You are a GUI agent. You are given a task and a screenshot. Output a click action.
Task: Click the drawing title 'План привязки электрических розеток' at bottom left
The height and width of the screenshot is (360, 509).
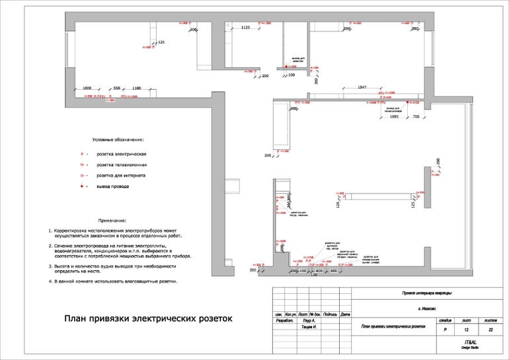pyautogui.click(x=148, y=318)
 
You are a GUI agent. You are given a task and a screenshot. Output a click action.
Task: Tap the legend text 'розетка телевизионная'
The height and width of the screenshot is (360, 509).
pyautogui.click(x=122, y=164)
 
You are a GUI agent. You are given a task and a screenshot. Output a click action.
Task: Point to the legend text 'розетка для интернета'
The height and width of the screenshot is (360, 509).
pyautogui.click(x=121, y=176)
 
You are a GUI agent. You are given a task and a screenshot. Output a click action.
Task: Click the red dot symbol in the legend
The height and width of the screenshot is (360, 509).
pyautogui.click(x=82, y=187)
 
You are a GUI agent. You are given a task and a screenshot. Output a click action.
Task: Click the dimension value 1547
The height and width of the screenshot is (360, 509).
pyautogui.click(x=362, y=88)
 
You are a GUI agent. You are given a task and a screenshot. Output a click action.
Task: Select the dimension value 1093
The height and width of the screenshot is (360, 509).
pyautogui.click(x=393, y=116)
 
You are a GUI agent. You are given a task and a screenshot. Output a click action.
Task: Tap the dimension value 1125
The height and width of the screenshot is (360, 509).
pyautogui.click(x=245, y=28)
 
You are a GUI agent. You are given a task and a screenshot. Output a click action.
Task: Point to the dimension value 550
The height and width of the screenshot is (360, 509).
pyautogui.click(x=116, y=88)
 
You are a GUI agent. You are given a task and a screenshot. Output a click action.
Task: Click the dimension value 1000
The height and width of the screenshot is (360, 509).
pyautogui.click(x=87, y=88)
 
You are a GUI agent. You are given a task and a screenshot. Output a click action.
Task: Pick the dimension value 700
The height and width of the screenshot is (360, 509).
pyautogui.click(x=416, y=116)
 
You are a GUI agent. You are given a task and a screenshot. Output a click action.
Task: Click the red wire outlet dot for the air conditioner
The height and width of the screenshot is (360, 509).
pyautogui.click(x=408, y=102)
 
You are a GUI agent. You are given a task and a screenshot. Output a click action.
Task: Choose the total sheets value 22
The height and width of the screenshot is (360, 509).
pyautogui.click(x=490, y=329)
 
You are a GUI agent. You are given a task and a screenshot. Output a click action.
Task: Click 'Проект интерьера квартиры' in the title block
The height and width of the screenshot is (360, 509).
pyautogui.click(x=427, y=293)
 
